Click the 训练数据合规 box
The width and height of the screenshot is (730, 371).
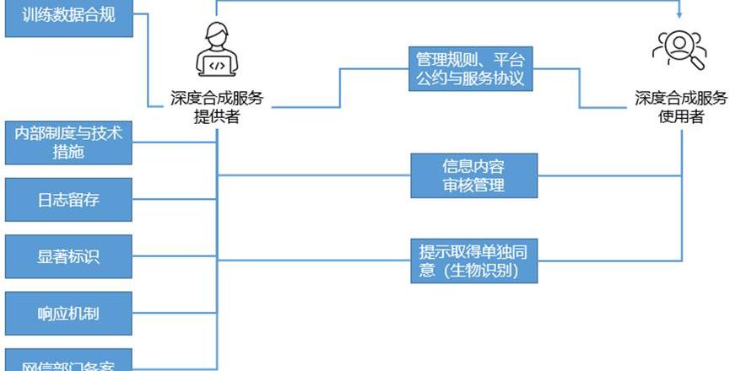coord(69,18)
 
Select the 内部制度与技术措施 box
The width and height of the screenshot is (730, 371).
coord(69,142)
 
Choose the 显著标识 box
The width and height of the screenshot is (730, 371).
coord(69,256)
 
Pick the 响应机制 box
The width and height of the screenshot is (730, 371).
coord(69,313)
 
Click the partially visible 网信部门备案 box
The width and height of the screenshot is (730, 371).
coord(69,362)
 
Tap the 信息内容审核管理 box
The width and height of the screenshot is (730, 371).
coord(473,175)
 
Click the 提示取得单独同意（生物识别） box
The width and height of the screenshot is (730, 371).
coord(473,261)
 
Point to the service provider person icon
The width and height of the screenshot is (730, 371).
coord(216,51)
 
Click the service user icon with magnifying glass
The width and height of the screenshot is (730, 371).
coord(679,50)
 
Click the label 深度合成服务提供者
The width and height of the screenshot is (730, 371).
coord(217,108)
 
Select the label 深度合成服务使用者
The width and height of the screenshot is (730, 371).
coord(681,108)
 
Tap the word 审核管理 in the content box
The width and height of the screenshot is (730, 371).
coord(473,185)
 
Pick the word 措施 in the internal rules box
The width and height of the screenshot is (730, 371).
coord(68,152)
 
